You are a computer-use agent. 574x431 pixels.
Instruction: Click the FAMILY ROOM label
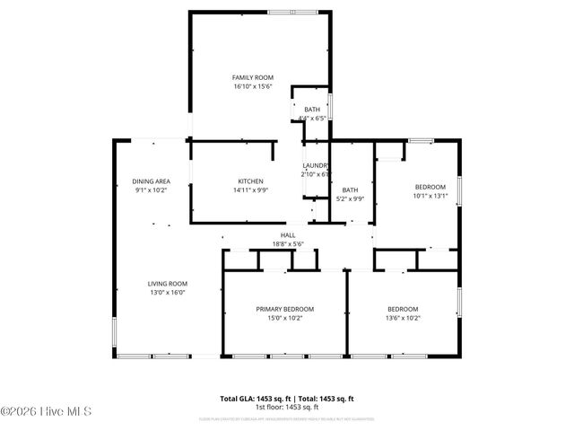click(x=252, y=78)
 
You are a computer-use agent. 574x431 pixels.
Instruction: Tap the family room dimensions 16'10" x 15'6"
click(x=252, y=87)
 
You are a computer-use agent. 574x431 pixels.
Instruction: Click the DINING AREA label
click(x=152, y=180)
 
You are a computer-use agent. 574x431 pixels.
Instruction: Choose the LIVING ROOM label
click(x=168, y=283)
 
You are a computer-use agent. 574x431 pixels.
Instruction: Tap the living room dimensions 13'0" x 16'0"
click(x=168, y=292)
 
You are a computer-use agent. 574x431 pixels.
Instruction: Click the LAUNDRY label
click(x=315, y=165)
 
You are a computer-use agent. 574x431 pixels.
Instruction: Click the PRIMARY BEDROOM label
click(x=285, y=309)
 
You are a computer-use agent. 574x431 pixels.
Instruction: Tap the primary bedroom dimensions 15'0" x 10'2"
click(x=285, y=318)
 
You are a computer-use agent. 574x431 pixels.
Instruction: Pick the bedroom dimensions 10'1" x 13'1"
click(x=430, y=196)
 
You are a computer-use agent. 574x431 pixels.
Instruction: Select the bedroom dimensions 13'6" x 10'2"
click(x=403, y=318)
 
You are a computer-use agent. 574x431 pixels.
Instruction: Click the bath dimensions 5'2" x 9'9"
click(x=350, y=198)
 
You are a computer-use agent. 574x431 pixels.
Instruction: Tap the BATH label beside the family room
click(x=311, y=110)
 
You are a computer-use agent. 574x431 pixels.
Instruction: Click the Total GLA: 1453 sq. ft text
click(x=254, y=398)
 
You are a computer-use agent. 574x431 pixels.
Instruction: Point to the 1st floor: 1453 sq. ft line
click(x=287, y=407)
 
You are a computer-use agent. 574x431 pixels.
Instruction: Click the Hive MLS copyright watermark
click(x=47, y=412)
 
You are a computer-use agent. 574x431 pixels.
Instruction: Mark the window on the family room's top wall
click(x=292, y=12)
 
